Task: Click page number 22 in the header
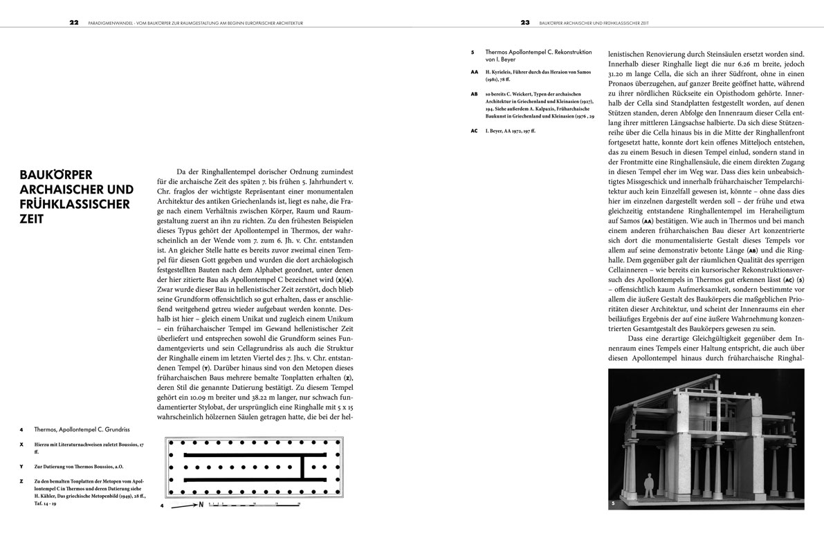click(73, 22)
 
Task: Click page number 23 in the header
click(525, 22)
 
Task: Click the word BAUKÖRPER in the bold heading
click(53, 174)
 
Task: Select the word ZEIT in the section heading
click(33, 218)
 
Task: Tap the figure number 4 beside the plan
click(163, 507)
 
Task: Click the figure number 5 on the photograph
click(613, 505)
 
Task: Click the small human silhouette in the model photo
click(650, 483)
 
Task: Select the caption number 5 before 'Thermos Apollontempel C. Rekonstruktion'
click(472, 51)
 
